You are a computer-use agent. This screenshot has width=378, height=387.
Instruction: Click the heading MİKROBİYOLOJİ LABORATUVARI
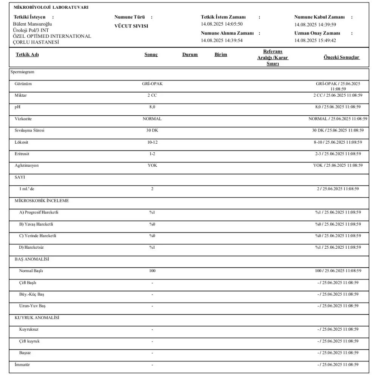(51, 8)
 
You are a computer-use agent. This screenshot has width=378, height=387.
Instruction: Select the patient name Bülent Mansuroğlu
(33, 24)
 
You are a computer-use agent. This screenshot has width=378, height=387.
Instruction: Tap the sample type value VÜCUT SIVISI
(131, 26)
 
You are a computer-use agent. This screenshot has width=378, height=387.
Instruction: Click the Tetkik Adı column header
(27, 54)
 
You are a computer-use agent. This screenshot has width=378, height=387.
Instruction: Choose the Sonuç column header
(151, 54)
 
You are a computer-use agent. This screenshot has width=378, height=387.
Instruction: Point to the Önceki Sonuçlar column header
(342, 57)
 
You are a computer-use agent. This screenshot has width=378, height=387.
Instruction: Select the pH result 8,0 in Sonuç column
(152, 107)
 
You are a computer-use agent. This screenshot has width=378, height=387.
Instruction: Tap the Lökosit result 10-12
(152, 142)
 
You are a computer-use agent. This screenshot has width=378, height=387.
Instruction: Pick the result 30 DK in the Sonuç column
(152, 130)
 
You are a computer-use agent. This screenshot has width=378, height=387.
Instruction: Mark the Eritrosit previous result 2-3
(319, 154)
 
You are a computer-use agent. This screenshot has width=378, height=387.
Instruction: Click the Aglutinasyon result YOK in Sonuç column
(152, 166)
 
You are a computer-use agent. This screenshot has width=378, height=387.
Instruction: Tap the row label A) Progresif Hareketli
(39, 212)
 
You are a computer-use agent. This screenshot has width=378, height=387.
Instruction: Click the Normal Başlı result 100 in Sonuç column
(152, 271)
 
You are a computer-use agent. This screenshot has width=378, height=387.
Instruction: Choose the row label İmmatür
(22, 365)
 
